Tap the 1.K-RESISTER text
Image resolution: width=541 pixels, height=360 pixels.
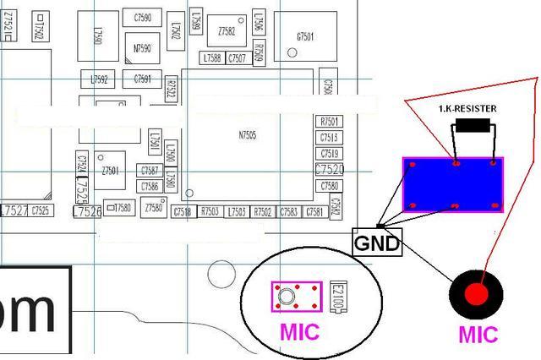click(467, 109)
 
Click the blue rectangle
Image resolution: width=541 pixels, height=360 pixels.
click(453, 184)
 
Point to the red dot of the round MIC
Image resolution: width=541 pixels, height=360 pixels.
click(476, 295)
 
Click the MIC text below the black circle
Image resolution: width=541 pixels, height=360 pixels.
click(478, 334)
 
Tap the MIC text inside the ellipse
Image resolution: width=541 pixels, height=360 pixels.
click(300, 331)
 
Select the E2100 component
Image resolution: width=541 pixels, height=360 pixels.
click(340, 297)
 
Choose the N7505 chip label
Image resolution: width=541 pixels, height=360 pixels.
click(247, 135)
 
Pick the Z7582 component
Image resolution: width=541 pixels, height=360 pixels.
click(227, 31)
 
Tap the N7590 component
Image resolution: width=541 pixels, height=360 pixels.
click(141, 48)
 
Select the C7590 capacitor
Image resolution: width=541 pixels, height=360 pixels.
click(142, 17)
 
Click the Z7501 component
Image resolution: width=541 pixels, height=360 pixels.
click(110, 170)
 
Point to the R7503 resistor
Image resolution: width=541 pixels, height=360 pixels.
click(210, 211)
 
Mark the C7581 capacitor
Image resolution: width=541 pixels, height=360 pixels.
click(315, 211)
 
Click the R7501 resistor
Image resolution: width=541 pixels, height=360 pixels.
click(329, 122)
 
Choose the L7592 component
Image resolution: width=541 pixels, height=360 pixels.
click(100, 79)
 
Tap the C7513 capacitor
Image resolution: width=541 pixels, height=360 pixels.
click(329, 138)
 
